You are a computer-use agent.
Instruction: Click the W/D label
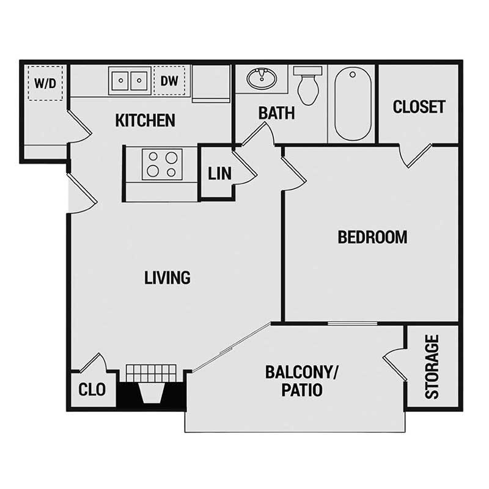point(45,83)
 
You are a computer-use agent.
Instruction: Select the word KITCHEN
point(145,120)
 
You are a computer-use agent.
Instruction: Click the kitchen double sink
point(129,81)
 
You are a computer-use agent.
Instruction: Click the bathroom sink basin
point(262,78)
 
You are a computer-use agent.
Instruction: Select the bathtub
point(353,104)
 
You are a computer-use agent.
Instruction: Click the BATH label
point(276,113)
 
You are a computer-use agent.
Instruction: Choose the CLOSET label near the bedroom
point(419,107)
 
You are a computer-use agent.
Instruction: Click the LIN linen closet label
point(219,174)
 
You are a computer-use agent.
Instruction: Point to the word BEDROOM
point(372,237)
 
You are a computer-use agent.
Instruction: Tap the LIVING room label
point(167,278)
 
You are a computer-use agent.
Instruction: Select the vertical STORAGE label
point(432,367)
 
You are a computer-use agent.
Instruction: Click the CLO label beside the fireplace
point(92,389)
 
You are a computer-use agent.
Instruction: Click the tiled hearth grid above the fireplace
point(151,372)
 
